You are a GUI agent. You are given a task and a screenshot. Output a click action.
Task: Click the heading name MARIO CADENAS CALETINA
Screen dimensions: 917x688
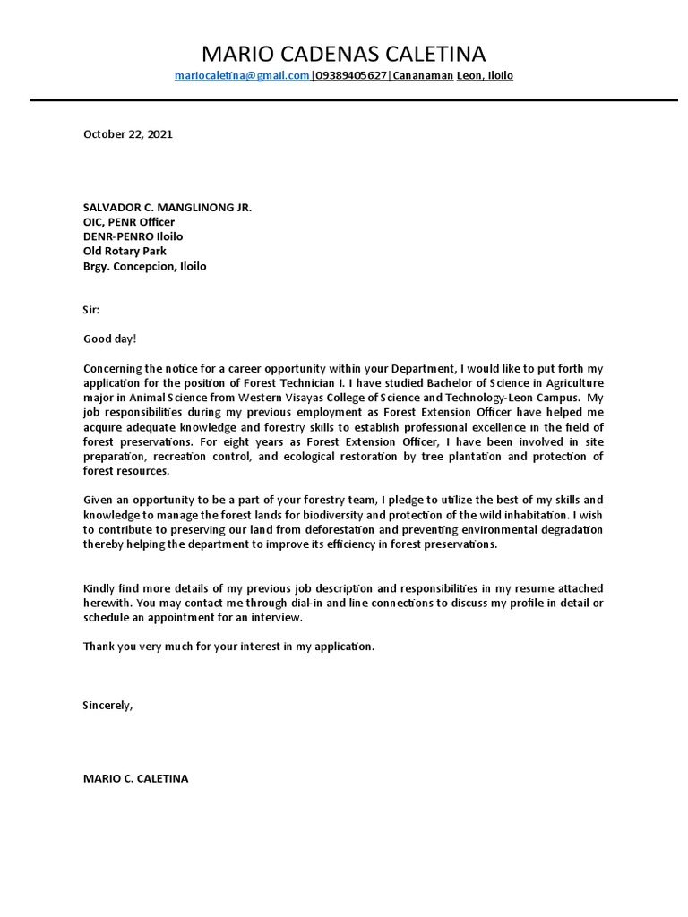coord(344,53)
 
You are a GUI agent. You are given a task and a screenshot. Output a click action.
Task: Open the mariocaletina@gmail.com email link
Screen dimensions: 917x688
coord(242,76)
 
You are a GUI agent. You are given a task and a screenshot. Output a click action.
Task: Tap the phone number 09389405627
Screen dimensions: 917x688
coord(350,76)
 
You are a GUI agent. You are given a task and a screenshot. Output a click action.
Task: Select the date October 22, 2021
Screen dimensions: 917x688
coord(127,134)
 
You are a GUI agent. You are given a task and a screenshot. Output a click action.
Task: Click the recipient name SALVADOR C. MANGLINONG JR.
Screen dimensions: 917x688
coord(168,207)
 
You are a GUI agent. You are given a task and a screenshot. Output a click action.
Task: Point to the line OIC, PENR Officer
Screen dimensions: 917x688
coord(129,222)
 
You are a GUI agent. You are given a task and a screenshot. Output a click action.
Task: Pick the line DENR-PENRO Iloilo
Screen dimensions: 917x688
coord(133,236)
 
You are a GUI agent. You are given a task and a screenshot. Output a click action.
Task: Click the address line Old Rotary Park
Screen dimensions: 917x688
coord(125,252)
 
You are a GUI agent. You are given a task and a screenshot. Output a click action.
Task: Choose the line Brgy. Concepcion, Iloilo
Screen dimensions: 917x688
coord(144,267)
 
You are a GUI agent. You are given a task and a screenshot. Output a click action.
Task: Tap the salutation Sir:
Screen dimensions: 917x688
coord(92,310)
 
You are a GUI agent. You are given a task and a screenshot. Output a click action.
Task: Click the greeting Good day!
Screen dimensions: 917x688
coord(111,339)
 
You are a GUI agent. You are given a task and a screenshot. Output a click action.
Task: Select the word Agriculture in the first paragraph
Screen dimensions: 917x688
coord(573,383)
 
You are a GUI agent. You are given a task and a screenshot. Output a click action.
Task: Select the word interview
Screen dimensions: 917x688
coord(278,618)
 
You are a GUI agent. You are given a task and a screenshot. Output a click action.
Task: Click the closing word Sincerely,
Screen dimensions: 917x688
coord(107,705)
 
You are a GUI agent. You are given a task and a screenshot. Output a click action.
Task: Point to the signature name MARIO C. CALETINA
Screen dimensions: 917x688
coord(135,778)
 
